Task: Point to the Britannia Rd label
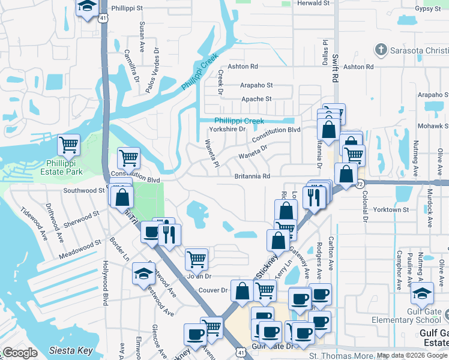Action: tap(252, 176)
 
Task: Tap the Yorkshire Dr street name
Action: tap(228, 129)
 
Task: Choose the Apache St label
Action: tap(256, 99)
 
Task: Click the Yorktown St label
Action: tap(391, 210)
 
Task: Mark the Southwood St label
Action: tap(84, 190)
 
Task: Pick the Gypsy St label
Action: tap(427, 9)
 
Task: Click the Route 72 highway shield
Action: tap(360, 183)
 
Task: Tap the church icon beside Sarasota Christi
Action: tap(379, 49)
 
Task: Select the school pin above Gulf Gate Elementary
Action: tap(423, 295)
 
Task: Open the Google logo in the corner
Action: tap(20, 353)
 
